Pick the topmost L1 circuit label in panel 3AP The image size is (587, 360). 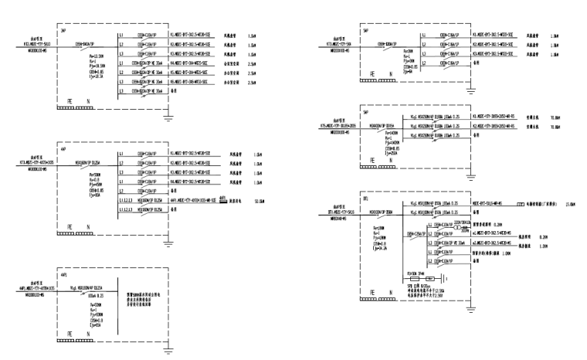(x=121, y=36)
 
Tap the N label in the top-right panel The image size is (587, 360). (x=391, y=73)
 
